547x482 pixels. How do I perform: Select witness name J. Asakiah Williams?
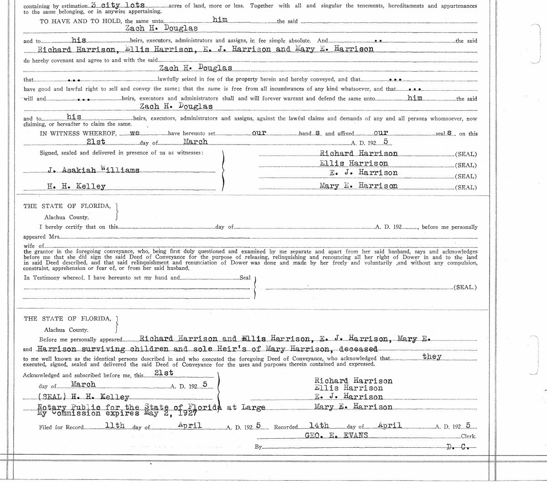93,170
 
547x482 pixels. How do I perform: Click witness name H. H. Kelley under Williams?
76,186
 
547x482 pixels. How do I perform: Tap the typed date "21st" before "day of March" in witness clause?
96,142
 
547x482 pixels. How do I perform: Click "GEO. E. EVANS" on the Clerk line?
336,435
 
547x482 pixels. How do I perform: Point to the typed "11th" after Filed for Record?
114,425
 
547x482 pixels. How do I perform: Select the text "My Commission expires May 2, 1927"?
117,414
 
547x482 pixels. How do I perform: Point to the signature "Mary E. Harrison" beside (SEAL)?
358,186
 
